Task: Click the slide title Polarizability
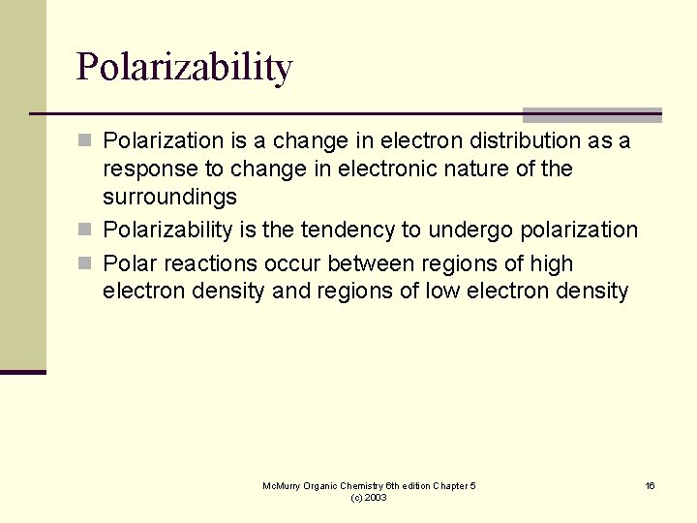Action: coord(184,68)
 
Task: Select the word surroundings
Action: coord(169,198)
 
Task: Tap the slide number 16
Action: coord(651,485)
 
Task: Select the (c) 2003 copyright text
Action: coord(369,497)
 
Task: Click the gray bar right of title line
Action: coord(591,114)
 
